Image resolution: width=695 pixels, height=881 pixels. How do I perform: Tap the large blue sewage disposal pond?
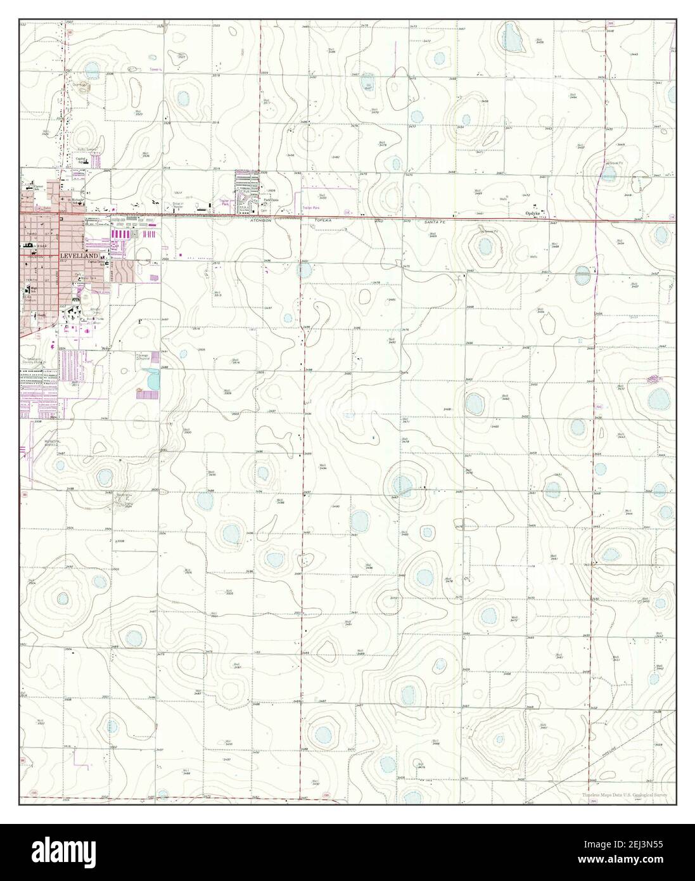(152, 380)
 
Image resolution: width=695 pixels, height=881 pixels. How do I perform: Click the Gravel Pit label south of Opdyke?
(488, 232)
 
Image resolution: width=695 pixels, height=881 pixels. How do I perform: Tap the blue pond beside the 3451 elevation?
(305, 271)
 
